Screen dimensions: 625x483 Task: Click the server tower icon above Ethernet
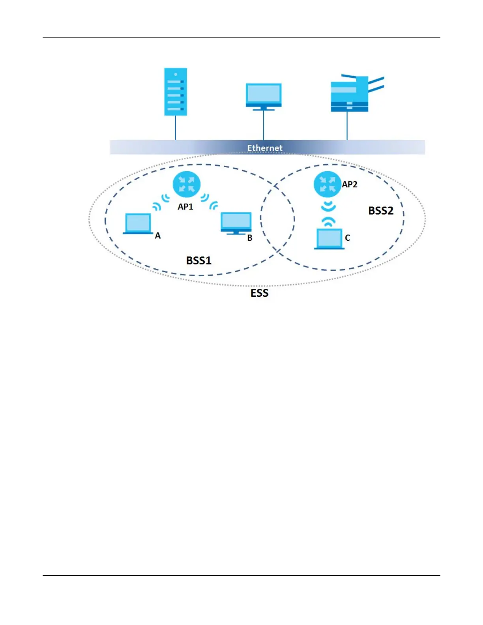[176, 92]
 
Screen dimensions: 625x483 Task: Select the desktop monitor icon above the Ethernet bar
[263, 96]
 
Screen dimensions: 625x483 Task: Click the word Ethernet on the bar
[265, 148]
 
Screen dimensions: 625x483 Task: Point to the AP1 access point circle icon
[187, 184]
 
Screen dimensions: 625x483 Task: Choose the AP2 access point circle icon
[327, 184]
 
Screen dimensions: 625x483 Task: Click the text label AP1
[185, 206]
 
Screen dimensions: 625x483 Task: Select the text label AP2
[350, 184]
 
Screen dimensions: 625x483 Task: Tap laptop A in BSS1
[138, 224]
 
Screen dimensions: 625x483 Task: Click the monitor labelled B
[236, 223]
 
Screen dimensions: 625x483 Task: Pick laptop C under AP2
[329, 239]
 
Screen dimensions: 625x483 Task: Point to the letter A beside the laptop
[158, 236]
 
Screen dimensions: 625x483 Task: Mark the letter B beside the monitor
[250, 238]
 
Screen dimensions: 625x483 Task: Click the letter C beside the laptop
[347, 238]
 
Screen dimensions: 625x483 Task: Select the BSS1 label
[198, 260]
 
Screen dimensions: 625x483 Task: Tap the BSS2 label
[381, 211]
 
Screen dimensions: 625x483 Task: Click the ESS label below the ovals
[259, 293]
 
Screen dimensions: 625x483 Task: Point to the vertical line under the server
[176, 128]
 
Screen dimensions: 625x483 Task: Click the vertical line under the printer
[347, 126]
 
